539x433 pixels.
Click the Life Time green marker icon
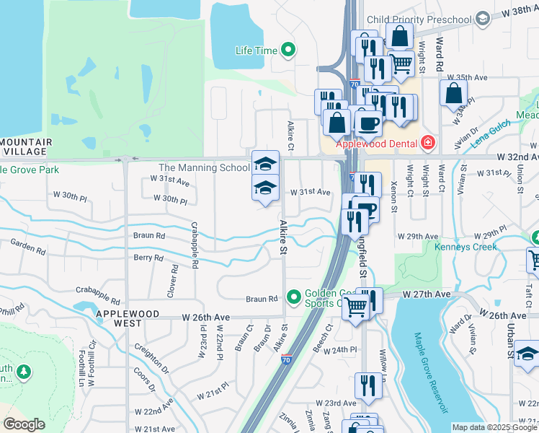coord(288,51)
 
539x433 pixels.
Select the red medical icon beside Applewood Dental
coord(428,143)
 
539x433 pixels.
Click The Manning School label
coord(204,168)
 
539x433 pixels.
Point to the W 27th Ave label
coord(425,295)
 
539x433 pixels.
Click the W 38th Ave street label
coord(520,12)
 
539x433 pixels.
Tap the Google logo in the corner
coord(24,424)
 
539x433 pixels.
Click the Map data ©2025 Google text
coord(494,427)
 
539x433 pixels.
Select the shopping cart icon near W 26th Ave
coord(356,307)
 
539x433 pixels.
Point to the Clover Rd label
coord(174,281)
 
